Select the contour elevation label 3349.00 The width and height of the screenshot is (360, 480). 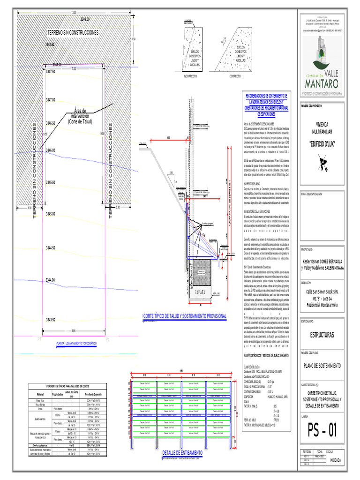[x=85, y=19]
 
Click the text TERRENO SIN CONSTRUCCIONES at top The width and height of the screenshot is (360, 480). [x=73, y=33]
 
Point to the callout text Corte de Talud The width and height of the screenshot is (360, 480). [x=81, y=121]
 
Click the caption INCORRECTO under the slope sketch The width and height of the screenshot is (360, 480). [x=190, y=75]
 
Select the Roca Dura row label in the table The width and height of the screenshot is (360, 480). [x=40, y=400]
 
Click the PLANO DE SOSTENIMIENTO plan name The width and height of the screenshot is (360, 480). [x=322, y=365]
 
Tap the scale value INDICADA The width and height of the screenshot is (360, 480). [x=336, y=460]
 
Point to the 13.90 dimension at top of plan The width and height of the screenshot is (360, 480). [x=73, y=12]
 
